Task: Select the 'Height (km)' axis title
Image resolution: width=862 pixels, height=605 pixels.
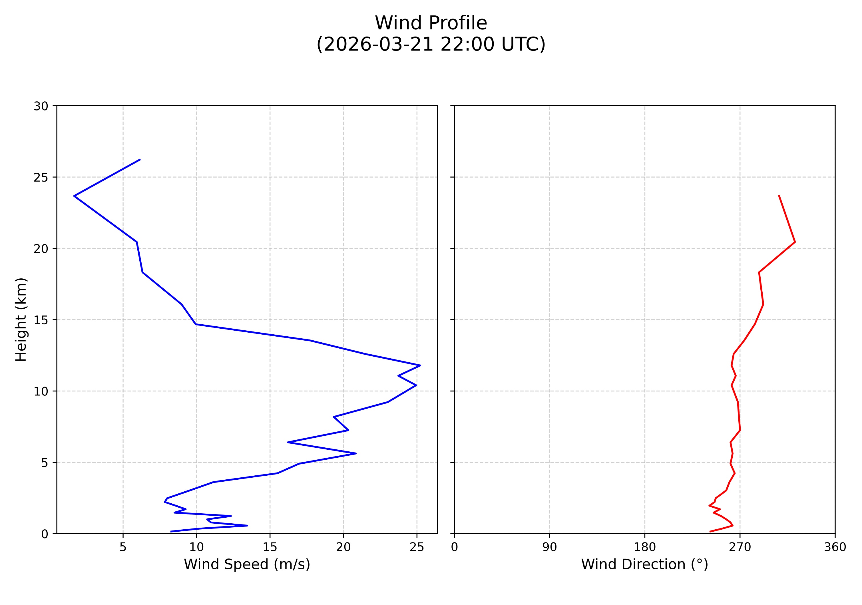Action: pyautogui.click(x=21, y=319)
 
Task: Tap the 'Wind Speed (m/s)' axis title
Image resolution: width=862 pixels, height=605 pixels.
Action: pyautogui.click(x=247, y=564)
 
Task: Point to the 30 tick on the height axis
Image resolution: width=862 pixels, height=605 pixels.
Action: pyautogui.click(x=41, y=106)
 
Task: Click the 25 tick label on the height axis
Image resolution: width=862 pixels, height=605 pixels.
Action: pyautogui.click(x=41, y=178)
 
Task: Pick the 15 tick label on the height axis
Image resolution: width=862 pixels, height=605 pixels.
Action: pyautogui.click(x=41, y=320)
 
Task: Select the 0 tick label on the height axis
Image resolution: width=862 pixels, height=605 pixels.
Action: pyautogui.click(x=45, y=534)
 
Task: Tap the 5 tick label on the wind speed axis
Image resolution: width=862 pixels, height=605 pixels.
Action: pyautogui.click(x=123, y=547)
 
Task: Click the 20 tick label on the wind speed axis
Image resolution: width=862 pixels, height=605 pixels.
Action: pyautogui.click(x=343, y=547)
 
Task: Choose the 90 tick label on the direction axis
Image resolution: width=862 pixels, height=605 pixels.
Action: pyautogui.click(x=550, y=547)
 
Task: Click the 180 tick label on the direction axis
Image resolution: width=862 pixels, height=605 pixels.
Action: pyautogui.click(x=645, y=547)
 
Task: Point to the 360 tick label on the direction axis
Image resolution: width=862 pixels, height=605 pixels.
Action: pyautogui.click(x=835, y=547)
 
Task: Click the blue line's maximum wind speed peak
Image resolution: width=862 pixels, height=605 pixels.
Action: pyautogui.click(x=420, y=365)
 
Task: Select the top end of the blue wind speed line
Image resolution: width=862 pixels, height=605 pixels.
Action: pyautogui.click(x=140, y=160)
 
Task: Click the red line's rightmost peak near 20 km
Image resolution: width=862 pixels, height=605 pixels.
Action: pyautogui.click(x=795, y=242)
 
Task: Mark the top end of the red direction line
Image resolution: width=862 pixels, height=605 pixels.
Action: pyautogui.click(x=779, y=196)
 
